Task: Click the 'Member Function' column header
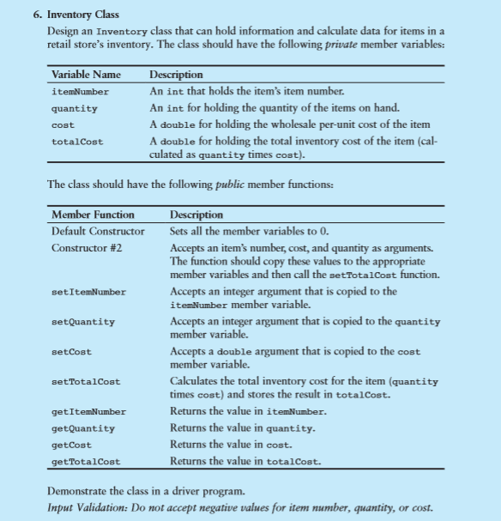[93, 215]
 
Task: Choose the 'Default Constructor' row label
[98, 231]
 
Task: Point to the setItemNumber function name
[88, 292]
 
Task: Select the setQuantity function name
[83, 322]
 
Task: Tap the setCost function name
[71, 352]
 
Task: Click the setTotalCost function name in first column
[86, 382]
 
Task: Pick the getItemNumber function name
[88, 412]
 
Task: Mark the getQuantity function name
[83, 428]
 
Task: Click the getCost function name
[71, 445]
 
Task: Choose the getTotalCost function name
[86, 462]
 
